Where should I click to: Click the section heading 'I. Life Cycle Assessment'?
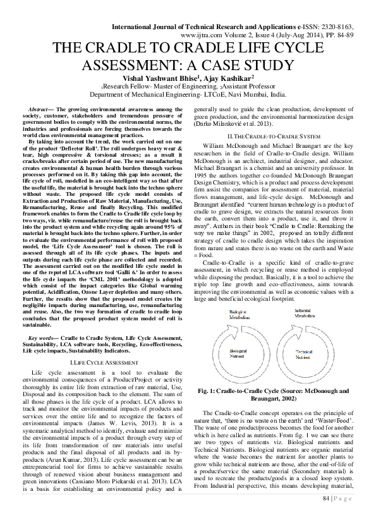(104, 363)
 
